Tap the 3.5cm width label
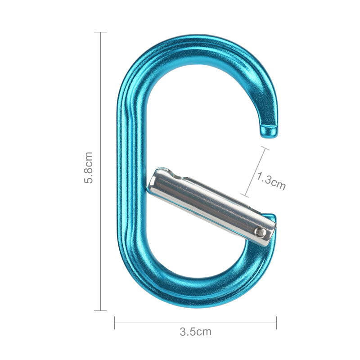point(195,332)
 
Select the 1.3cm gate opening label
point(271,180)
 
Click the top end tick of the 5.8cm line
point(100,32)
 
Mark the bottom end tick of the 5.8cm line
point(100,310)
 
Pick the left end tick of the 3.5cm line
point(115,322)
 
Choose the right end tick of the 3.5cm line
point(276,322)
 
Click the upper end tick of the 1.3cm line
point(264,148)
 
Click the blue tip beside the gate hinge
point(271,218)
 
